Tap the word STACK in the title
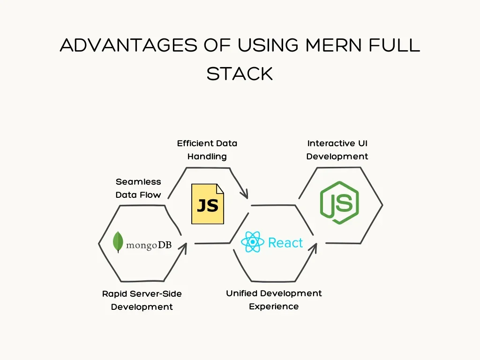240,74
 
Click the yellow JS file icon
208,204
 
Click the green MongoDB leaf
118,242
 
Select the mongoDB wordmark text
149,245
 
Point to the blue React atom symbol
252,242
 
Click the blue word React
285,243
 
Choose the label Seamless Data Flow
138,188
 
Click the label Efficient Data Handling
207,150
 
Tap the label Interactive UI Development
337,150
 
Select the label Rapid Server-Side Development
142,300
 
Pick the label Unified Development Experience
274,300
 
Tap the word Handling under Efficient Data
207,156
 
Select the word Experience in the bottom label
274,306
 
